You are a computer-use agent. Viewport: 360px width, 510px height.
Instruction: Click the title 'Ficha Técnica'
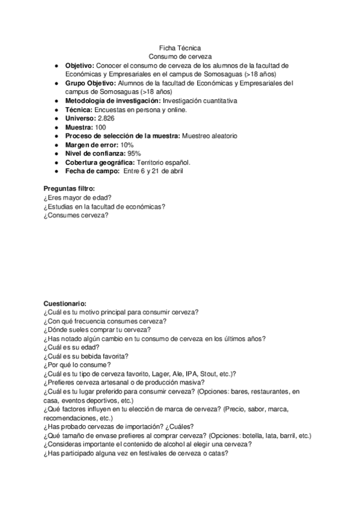tap(180, 48)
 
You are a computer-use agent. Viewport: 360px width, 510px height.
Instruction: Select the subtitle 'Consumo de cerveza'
tap(180, 56)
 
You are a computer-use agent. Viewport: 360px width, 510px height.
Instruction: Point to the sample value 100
tap(100, 127)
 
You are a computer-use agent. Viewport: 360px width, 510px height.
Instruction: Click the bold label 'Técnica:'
tap(79, 109)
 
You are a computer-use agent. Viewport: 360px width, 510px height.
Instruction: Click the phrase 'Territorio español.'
tap(162, 162)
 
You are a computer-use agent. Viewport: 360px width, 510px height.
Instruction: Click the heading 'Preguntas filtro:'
tap(69, 189)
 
